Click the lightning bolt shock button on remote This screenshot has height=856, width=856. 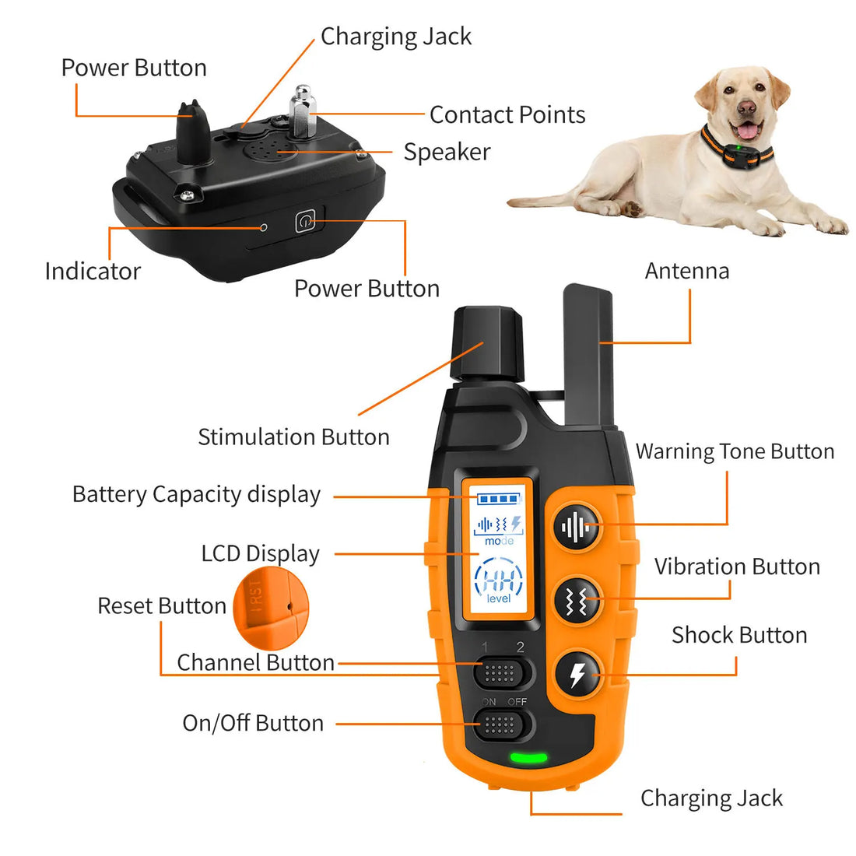pyautogui.click(x=577, y=674)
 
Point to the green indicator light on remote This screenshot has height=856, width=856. pyautogui.click(x=528, y=758)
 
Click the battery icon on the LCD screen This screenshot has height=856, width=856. pyautogui.click(x=498, y=500)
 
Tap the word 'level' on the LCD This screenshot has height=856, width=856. pyautogui.click(x=499, y=598)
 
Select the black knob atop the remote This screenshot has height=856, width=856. pyautogui.click(x=487, y=342)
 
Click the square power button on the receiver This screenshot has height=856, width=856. pyautogui.click(x=304, y=222)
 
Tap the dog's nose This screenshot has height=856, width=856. pyautogui.click(x=746, y=108)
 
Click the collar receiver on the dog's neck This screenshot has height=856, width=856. pyautogui.click(x=738, y=153)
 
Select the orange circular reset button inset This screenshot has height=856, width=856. pyautogui.click(x=271, y=608)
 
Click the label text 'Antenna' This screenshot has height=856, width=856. pyautogui.click(x=687, y=271)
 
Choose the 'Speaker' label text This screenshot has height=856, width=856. pyautogui.click(x=447, y=152)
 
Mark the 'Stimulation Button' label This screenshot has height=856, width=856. pyautogui.click(x=293, y=437)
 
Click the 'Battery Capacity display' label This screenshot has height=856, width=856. pyautogui.click(x=196, y=495)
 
